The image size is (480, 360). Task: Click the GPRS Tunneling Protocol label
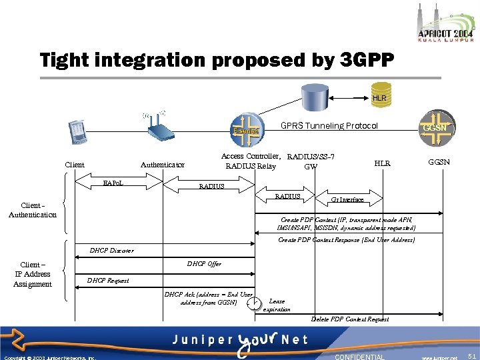tap(329, 125)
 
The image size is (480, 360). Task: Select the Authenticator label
tap(163, 165)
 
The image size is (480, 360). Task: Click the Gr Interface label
tap(347, 199)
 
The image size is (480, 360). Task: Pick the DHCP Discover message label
tap(111, 251)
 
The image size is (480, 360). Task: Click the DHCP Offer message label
tap(204, 264)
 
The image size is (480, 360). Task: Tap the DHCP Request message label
tap(109, 281)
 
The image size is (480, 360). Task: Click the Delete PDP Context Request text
tap(350, 319)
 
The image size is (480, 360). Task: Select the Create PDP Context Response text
tap(347, 240)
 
